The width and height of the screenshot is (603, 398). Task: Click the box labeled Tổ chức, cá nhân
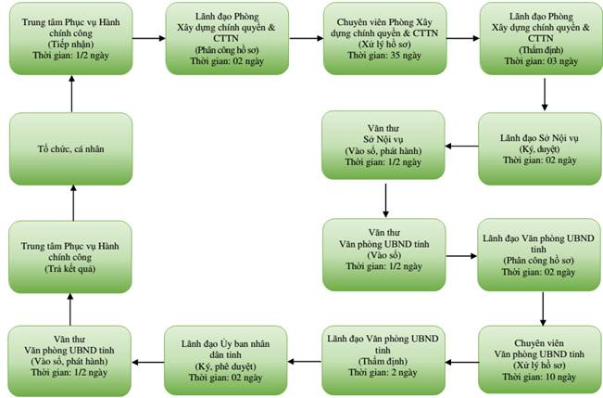(71, 148)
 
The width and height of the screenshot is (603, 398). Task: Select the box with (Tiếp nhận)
(71, 39)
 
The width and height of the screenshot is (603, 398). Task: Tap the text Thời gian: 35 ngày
(384, 56)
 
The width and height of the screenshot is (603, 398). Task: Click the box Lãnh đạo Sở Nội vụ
(540, 148)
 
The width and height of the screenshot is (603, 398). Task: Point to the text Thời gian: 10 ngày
(539, 377)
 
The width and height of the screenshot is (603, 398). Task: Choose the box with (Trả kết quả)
(70, 257)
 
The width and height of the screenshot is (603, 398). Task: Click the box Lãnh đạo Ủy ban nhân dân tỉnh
(226, 361)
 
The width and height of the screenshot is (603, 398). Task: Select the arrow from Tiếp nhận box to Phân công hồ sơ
(149, 38)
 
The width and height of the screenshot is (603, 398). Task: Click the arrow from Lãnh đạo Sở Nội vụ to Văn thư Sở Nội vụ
(462, 146)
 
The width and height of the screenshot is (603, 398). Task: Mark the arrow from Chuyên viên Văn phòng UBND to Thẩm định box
(462, 362)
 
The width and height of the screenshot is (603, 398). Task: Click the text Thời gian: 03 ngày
(542, 61)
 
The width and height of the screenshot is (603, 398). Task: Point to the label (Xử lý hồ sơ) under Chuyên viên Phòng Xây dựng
(384, 45)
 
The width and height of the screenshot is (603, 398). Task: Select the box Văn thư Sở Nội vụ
(383, 146)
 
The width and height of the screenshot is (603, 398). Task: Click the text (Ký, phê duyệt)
(225, 366)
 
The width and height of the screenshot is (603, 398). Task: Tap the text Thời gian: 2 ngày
(383, 373)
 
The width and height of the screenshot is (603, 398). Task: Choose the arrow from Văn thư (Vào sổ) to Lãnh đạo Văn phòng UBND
(461, 256)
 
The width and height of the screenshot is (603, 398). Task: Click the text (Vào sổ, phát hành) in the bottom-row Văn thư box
(69, 362)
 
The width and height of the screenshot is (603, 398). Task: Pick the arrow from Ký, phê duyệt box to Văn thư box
(148, 362)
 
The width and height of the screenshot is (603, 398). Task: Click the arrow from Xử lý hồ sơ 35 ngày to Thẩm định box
(463, 38)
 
